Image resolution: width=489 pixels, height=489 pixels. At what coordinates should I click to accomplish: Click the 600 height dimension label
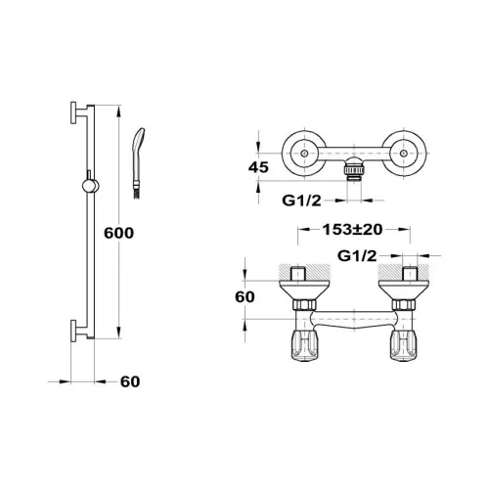pos(118,233)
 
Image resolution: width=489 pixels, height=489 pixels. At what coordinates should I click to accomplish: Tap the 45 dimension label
pos(258,167)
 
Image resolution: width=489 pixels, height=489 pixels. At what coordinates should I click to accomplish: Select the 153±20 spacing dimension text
pos(352,230)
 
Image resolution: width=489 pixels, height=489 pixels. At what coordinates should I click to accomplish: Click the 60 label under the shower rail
pos(130,381)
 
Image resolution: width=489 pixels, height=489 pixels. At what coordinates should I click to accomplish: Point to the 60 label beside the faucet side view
pos(244,297)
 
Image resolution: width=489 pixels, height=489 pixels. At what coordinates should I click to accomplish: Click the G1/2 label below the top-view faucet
pos(301,200)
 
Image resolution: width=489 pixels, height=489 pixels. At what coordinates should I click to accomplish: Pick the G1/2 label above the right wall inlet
pos(357,256)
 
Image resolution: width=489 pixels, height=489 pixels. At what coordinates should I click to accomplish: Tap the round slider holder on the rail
pos(90,186)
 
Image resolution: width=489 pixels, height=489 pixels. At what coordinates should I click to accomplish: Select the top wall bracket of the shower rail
pos(79,112)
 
